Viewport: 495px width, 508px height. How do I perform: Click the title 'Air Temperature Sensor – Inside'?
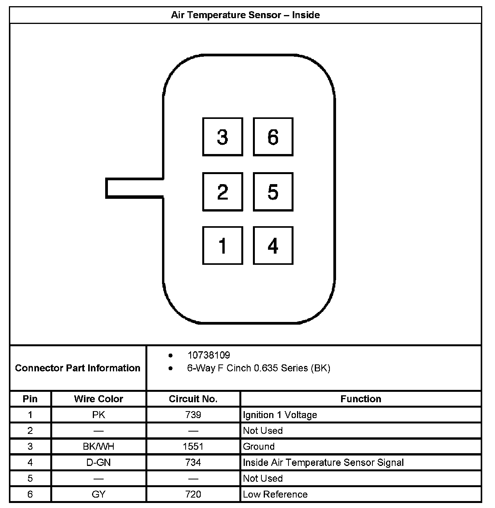(246, 15)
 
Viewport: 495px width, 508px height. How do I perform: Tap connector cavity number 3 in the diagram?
(223, 137)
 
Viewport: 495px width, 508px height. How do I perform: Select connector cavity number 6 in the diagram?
(273, 137)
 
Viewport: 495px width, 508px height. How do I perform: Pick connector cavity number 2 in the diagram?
(223, 192)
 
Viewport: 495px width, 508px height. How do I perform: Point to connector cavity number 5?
(273, 192)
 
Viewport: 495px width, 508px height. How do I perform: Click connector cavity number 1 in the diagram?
(223, 246)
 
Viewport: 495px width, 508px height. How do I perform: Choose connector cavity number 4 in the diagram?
(273, 246)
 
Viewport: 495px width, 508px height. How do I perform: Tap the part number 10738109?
(208, 355)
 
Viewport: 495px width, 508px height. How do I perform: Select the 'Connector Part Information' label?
(78, 368)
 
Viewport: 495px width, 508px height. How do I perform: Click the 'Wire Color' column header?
(99, 399)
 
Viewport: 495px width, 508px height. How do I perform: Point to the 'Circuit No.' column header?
(193, 399)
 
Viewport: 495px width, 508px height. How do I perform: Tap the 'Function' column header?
(361, 399)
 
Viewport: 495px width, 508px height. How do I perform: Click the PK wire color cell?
(99, 415)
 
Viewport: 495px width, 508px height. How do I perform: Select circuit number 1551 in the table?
(193, 447)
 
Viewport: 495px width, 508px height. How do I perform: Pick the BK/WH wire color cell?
(99, 447)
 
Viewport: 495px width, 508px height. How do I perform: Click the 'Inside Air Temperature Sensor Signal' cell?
(323, 462)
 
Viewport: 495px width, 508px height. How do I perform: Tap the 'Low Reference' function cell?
(275, 494)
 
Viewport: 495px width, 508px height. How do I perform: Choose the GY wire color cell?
(99, 494)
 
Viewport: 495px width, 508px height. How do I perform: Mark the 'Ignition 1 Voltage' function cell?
(280, 415)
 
